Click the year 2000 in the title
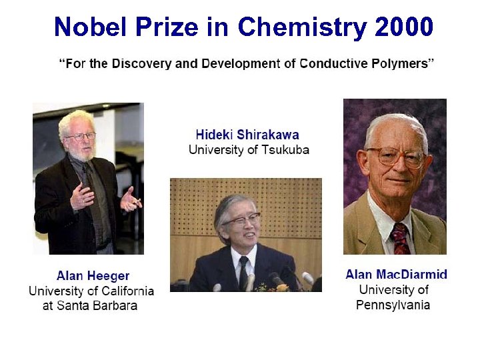point(404,27)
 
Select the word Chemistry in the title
point(301,27)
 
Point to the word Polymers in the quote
point(399,64)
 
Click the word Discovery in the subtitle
point(133,64)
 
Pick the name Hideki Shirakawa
point(248,135)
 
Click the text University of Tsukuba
point(248,149)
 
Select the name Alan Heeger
point(93,276)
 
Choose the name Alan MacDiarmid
point(396,275)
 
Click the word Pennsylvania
point(393,305)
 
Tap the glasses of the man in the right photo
point(395,156)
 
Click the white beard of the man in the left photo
point(81,152)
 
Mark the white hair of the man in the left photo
point(75,120)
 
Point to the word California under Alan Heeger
point(123,291)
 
